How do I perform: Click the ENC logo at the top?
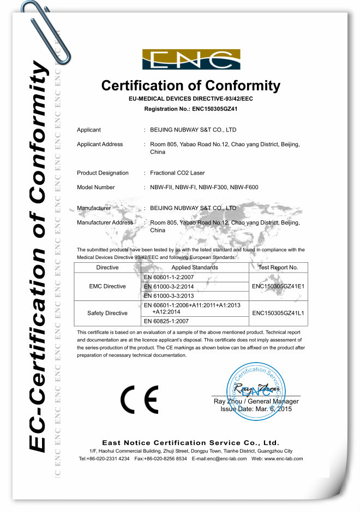tap(191, 59)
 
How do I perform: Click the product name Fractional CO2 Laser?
tap(177, 173)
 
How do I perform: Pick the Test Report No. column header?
tap(278, 268)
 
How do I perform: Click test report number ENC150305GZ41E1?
tap(278, 286)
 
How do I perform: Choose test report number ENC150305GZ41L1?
tap(278, 314)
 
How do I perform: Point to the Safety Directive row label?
tap(107, 314)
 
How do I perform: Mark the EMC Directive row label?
tap(107, 286)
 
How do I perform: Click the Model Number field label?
tap(96, 187)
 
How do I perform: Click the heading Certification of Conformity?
tap(191, 86)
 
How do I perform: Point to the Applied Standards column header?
tap(195, 268)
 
